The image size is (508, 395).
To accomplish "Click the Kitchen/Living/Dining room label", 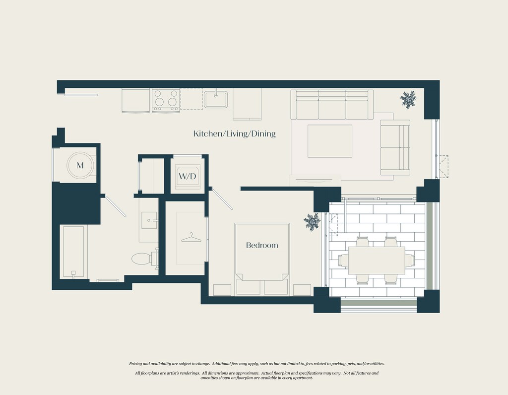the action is [234, 133].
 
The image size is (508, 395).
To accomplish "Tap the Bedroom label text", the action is [262, 245].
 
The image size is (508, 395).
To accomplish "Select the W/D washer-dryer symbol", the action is [187, 176].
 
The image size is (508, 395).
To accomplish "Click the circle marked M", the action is [80, 165].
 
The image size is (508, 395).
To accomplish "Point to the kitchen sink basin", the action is [215, 99].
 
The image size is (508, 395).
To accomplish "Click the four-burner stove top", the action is [166, 100].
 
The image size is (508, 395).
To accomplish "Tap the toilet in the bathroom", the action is [142, 259].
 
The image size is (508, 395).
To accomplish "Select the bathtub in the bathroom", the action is [73, 252].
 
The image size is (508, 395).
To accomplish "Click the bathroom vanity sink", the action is [149, 220].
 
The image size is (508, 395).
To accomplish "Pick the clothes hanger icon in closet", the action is [191, 239].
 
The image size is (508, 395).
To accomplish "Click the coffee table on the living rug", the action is [330, 141].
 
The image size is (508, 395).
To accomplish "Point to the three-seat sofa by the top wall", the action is [332, 105].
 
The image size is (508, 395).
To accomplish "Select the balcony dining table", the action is [377, 261].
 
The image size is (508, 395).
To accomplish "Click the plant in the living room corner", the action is [408, 99].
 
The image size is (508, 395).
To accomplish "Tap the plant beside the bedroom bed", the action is [312, 222].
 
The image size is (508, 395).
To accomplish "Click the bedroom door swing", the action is [221, 199].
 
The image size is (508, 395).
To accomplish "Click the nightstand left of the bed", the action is [222, 290].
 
